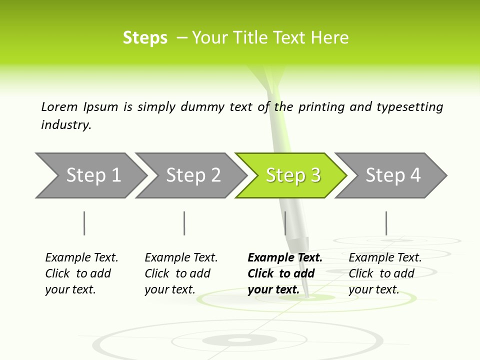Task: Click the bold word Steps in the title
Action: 145,38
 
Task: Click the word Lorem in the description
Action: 59,106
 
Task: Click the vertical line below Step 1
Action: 84,223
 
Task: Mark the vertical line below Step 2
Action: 184,223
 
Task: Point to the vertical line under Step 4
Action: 386,223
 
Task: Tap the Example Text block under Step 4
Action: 385,273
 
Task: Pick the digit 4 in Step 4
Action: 415,175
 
